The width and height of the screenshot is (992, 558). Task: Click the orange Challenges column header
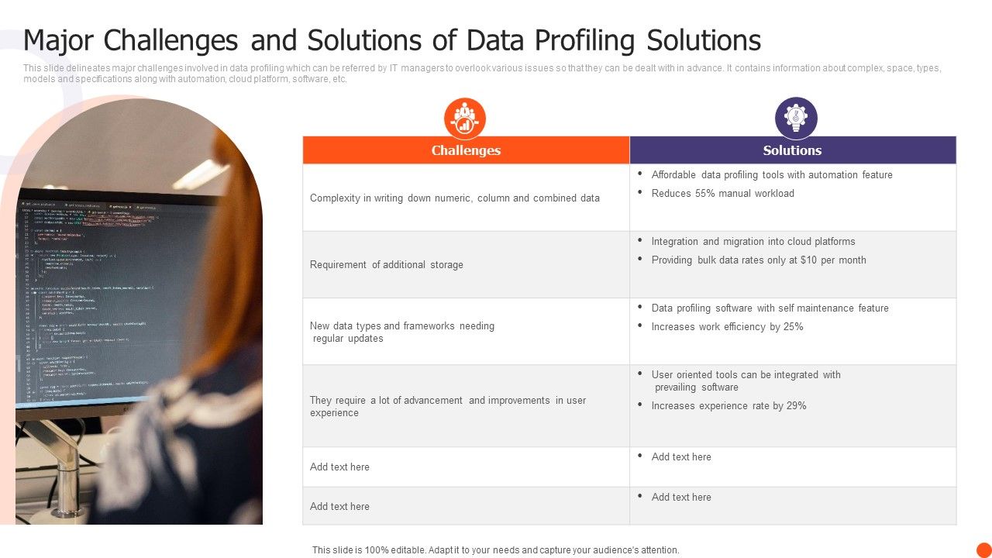coord(466,150)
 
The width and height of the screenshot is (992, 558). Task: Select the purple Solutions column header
coord(792,150)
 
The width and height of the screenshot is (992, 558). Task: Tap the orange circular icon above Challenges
coord(465,119)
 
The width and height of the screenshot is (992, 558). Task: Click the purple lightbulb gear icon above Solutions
coord(796,118)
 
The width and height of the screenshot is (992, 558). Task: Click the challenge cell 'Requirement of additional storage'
coord(386,265)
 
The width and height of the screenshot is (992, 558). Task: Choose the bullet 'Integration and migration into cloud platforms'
coord(753,242)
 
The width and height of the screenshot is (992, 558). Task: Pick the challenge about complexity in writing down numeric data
coord(454,198)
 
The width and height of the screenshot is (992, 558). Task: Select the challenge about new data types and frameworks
coord(401,332)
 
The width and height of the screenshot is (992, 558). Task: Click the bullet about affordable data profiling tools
coord(771,175)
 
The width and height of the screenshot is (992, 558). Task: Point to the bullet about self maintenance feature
coord(770,308)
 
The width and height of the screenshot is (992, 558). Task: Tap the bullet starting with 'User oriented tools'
coord(746,381)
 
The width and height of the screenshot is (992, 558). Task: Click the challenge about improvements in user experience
coord(447,406)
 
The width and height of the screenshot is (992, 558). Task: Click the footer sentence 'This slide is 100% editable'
coord(495,550)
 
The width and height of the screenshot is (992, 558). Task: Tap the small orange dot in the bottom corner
coord(983,549)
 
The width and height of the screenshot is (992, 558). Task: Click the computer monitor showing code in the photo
coord(116,302)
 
